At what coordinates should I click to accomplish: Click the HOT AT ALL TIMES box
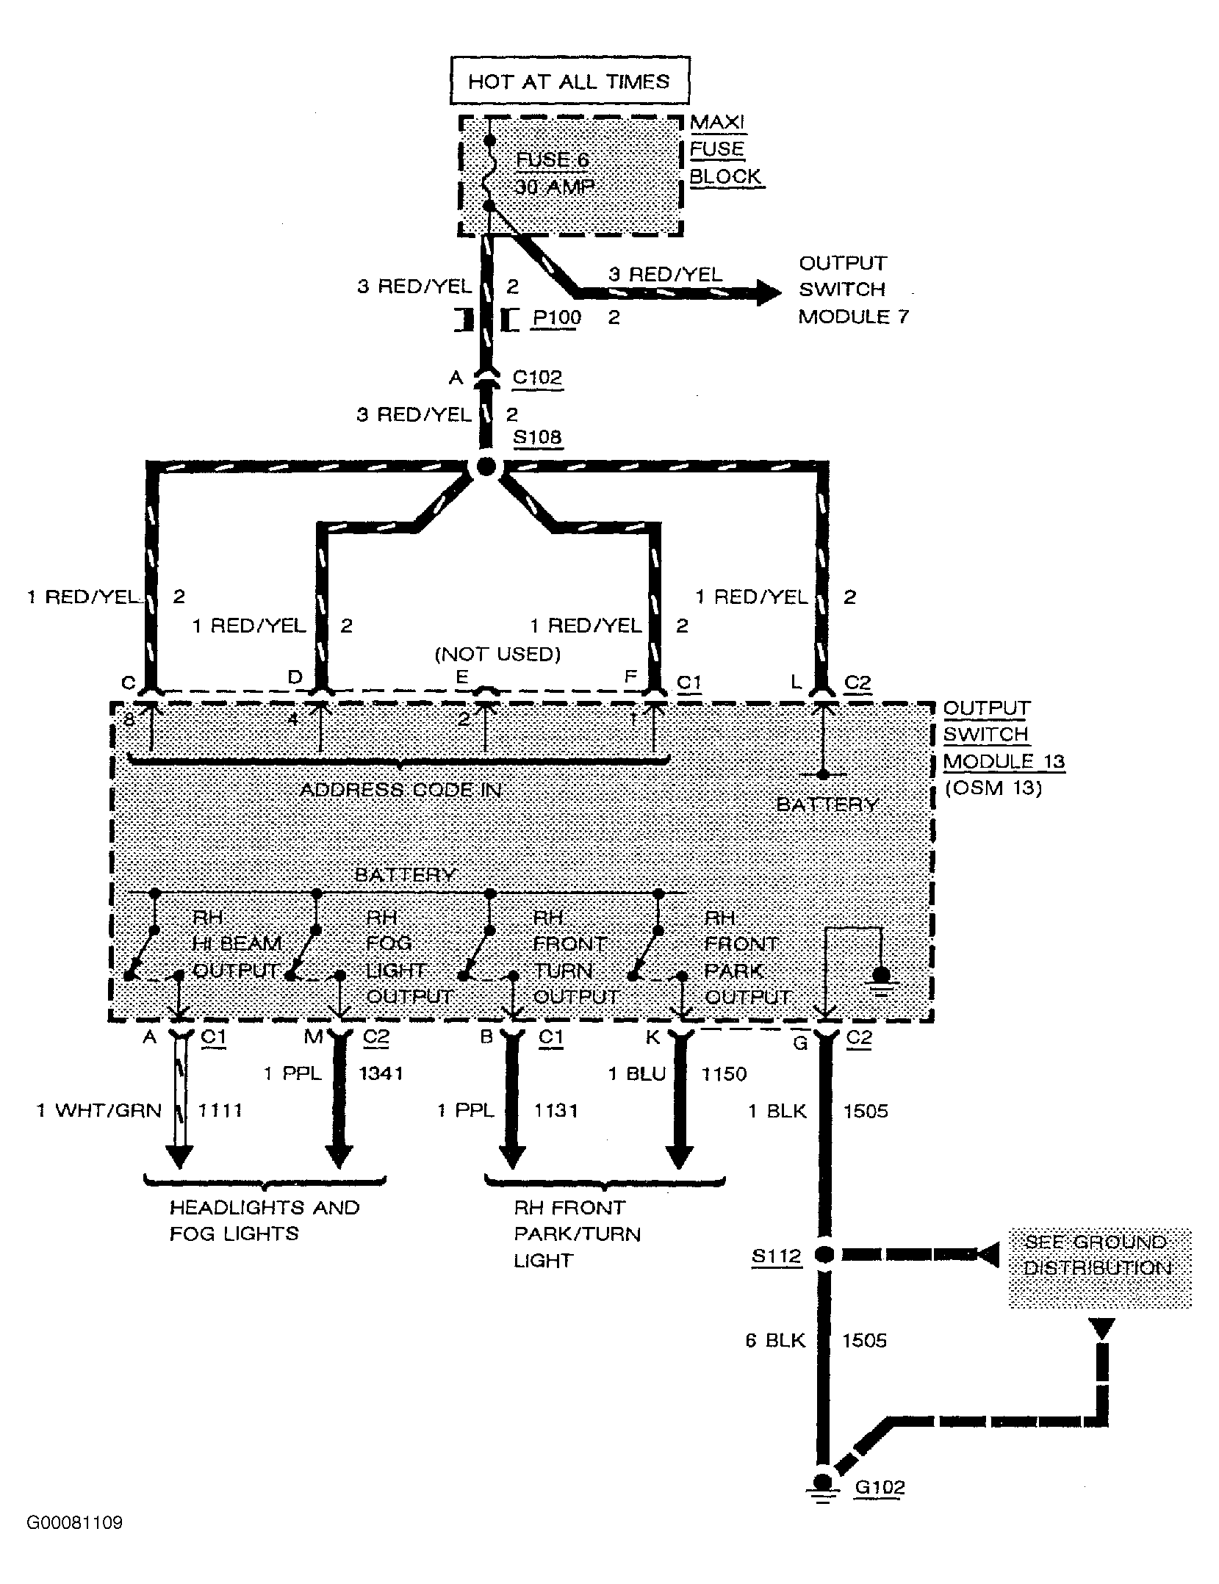tap(569, 80)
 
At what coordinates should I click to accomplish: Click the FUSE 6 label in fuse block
tap(552, 159)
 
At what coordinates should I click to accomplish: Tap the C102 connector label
tap(536, 377)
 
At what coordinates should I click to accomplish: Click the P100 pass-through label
tap(556, 317)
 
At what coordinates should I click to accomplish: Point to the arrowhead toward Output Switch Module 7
tap(769, 292)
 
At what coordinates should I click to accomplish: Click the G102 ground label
tap(880, 1486)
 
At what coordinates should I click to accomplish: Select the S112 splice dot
tap(824, 1255)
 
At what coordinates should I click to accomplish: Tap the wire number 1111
tap(220, 1109)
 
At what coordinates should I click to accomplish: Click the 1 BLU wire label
tap(636, 1073)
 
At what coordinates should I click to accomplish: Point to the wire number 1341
tap(381, 1073)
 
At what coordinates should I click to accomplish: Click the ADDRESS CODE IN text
tap(401, 790)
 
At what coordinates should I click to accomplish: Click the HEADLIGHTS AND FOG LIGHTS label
tap(264, 1220)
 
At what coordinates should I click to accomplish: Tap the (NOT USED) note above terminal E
tap(497, 653)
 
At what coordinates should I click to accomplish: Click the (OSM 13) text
tap(993, 788)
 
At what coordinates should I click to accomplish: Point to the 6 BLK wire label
tap(774, 1340)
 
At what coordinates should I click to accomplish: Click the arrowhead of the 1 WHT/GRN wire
tap(179, 1159)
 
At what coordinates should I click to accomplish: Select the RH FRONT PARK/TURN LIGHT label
tap(577, 1234)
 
